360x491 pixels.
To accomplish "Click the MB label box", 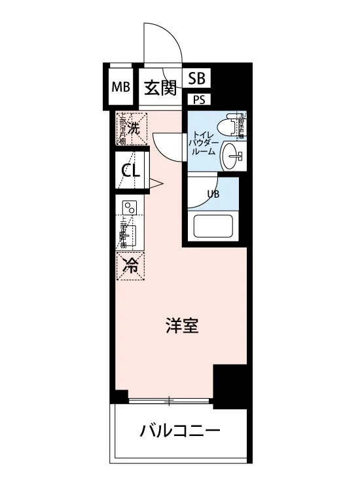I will (x=120, y=87).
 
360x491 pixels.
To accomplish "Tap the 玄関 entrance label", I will (x=160, y=87).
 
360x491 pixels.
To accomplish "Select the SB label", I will (x=196, y=79).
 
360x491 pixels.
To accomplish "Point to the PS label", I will (x=197, y=100).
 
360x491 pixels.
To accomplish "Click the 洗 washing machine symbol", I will (x=133, y=129).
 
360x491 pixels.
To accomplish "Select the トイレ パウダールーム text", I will (x=202, y=142).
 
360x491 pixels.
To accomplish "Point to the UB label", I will (x=213, y=194).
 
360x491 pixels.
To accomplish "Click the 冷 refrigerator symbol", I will (x=132, y=265).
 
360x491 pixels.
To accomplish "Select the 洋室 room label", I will (x=181, y=325).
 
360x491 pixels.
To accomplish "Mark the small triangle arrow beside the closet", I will (x=156, y=183).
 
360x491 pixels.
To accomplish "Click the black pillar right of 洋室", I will (x=231, y=386).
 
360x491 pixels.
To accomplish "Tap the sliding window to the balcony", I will (x=171, y=399).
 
